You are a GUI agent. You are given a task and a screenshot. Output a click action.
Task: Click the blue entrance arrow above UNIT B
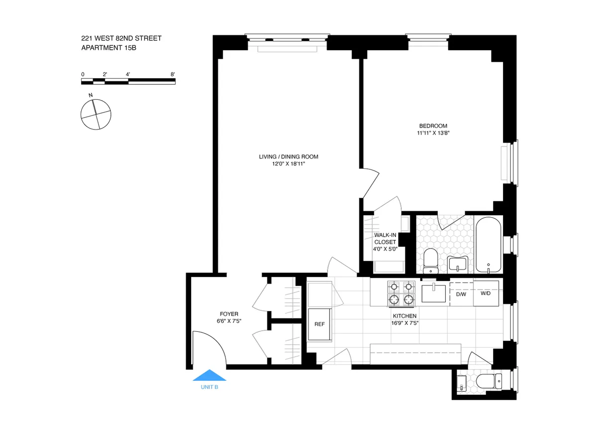(209, 375)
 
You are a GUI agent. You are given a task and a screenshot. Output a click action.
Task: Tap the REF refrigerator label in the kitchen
(319, 324)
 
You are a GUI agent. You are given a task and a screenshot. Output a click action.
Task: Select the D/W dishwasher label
(461, 294)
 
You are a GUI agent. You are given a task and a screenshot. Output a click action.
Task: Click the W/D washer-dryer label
(485, 293)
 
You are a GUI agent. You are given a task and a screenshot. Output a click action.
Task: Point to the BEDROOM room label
(433, 126)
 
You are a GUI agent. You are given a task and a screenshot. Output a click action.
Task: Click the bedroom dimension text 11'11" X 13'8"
(433, 133)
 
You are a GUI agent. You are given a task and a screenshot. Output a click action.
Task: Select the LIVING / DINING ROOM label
(289, 156)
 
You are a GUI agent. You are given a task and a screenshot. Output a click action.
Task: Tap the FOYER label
(229, 314)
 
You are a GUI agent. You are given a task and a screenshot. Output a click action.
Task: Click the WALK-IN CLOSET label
(385, 238)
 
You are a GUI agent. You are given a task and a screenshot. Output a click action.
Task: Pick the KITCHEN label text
(404, 316)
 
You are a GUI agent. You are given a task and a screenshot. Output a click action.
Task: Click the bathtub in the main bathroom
(488, 244)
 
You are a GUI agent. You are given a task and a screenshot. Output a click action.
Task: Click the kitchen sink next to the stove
(435, 292)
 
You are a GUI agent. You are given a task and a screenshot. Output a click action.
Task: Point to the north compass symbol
(95, 114)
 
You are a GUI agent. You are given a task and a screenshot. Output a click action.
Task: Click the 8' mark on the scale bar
(173, 74)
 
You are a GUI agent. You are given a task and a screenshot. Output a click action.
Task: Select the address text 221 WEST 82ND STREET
(121, 38)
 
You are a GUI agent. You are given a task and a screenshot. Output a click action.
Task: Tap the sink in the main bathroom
(457, 263)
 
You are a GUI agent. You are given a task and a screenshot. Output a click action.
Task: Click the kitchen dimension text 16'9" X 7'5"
(404, 323)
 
